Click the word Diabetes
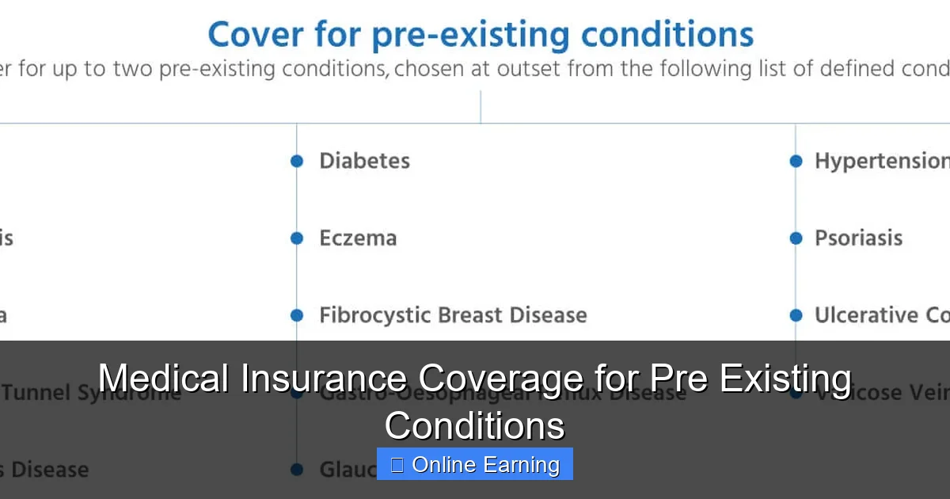(364, 161)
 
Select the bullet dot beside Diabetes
(297, 161)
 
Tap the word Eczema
(358, 238)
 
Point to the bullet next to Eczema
(297, 238)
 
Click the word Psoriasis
(858, 238)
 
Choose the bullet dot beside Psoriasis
(796, 238)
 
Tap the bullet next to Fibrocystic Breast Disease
(297, 315)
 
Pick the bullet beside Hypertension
(796, 161)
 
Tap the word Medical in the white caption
(163, 378)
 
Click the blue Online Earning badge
(475, 465)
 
